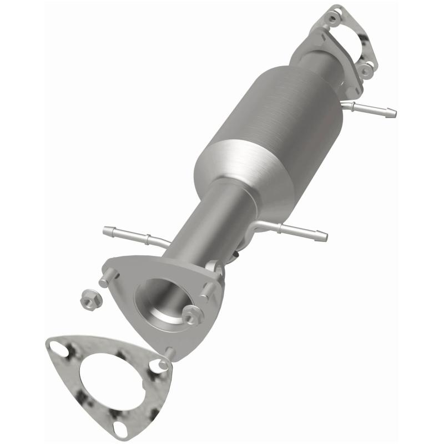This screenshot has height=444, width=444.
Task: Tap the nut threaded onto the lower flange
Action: [x=191, y=315]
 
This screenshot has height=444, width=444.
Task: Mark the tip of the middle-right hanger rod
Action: [x=324, y=236]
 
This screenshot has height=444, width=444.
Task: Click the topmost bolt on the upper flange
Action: [x=333, y=19]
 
